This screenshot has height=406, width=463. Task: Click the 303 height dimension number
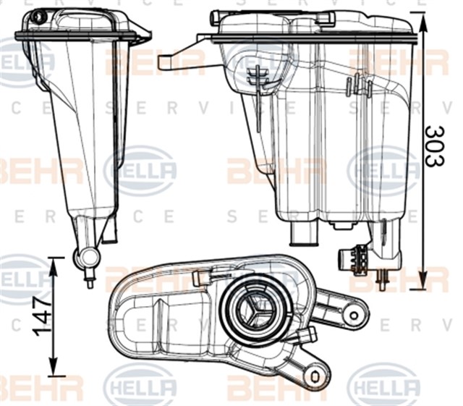[x=435, y=146]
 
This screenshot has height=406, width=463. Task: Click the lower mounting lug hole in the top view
[x=315, y=376]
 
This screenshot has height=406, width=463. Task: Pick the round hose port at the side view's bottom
[x=87, y=257]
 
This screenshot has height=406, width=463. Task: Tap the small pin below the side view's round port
[x=90, y=278]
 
